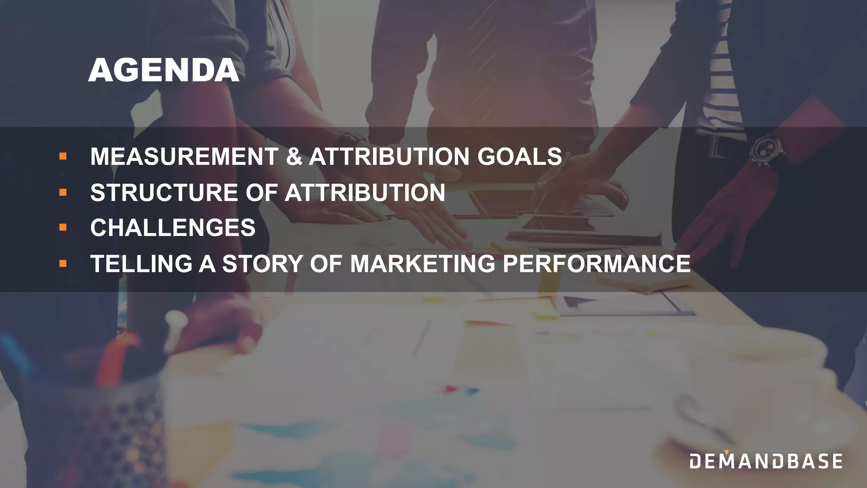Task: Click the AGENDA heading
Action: pyautogui.click(x=164, y=70)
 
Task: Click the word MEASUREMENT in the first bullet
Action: pyautogui.click(x=184, y=156)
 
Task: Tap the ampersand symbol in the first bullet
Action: pyautogui.click(x=294, y=156)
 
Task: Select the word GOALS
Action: pyautogui.click(x=519, y=156)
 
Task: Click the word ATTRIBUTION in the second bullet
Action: pyautogui.click(x=365, y=193)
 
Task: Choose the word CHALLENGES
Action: pyautogui.click(x=173, y=228)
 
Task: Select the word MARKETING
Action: pyautogui.click(x=422, y=263)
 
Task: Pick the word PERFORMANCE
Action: pyautogui.click(x=596, y=263)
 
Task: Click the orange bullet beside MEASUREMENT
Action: pyautogui.click(x=63, y=156)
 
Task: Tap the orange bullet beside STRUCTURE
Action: pyautogui.click(x=63, y=193)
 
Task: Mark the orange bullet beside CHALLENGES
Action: pyautogui.click(x=63, y=228)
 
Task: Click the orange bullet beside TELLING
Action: pyautogui.click(x=63, y=263)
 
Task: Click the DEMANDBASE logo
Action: pyautogui.click(x=766, y=461)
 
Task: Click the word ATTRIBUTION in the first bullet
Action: pyautogui.click(x=389, y=156)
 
